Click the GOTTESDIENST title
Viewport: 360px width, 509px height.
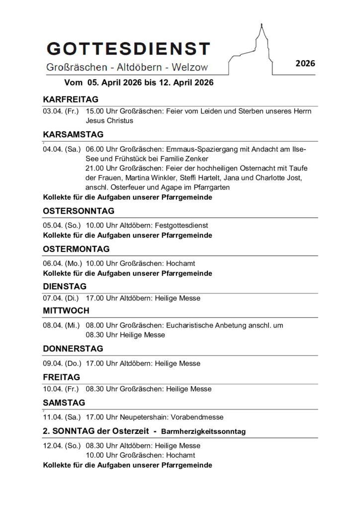pos(128,49)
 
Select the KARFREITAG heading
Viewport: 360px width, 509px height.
pos(71,99)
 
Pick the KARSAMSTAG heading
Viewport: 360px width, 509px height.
pos(73,134)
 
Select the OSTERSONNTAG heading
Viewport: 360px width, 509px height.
pos(79,211)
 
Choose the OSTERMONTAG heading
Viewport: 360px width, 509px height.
pos(76,249)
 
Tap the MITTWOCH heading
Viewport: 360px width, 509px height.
pos(66,311)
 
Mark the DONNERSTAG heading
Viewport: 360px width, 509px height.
pos(73,348)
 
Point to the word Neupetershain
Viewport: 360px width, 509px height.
pos(143,417)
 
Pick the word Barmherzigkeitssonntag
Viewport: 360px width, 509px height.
pos(203,431)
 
